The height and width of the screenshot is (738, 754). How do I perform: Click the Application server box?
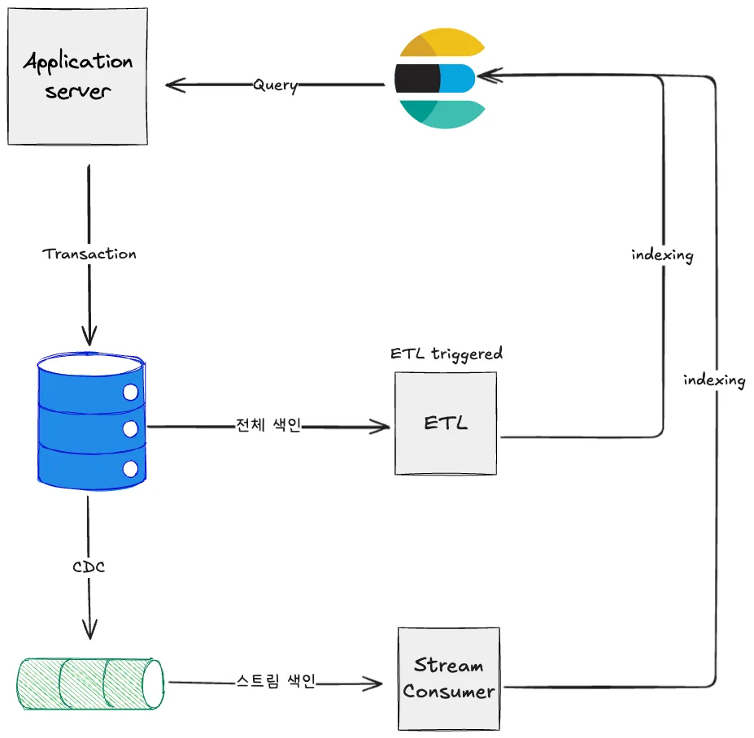[78, 76]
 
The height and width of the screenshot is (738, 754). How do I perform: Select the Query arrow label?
[275, 85]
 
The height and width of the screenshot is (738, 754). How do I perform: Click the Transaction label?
[89, 254]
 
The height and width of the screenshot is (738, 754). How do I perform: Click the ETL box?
[446, 423]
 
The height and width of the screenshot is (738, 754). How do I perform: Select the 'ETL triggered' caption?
[446, 354]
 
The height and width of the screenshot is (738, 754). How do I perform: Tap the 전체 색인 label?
[268, 426]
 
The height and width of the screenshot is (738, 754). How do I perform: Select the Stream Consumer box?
[449, 678]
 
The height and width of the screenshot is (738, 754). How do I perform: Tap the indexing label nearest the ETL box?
[662, 255]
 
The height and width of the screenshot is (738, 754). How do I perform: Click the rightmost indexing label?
[714, 380]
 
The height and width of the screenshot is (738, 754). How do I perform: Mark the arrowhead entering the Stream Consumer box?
[375, 684]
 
